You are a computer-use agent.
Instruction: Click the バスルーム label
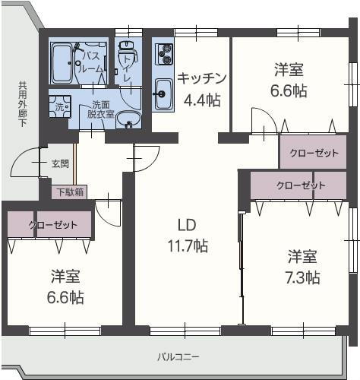click(92, 62)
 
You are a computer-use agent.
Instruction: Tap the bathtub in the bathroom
click(62, 64)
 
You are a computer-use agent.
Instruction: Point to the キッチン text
click(202, 78)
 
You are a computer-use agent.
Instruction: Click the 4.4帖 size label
click(202, 99)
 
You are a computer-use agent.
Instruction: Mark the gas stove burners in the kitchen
click(164, 54)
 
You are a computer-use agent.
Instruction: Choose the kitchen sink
click(163, 95)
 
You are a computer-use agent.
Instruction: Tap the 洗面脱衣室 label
click(101, 109)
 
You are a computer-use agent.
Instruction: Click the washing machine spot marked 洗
click(59, 108)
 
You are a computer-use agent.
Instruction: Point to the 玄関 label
click(60, 163)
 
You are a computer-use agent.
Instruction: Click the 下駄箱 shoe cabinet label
click(68, 192)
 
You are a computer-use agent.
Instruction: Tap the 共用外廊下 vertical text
click(22, 103)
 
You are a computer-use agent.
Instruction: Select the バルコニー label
click(178, 356)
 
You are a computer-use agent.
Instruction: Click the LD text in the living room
click(187, 225)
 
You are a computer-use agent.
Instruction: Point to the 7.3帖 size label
click(303, 277)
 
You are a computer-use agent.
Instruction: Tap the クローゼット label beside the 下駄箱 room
click(53, 225)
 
